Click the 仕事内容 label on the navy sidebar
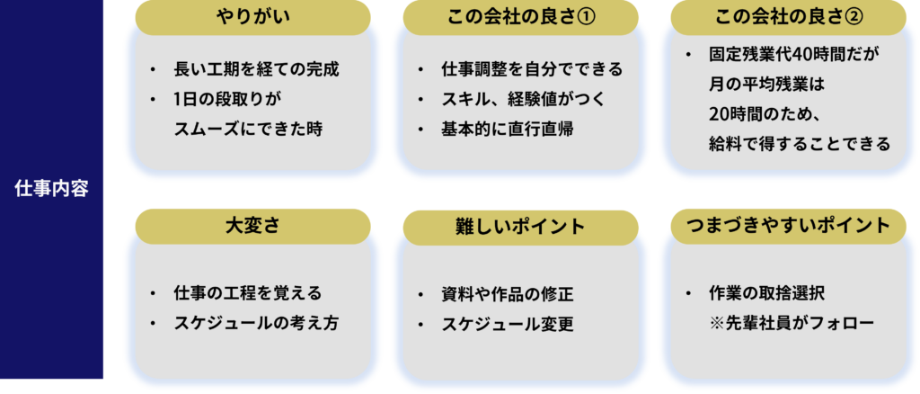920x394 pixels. pyautogui.click(x=51, y=189)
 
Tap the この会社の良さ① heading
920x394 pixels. pyautogui.click(x=521, y=17)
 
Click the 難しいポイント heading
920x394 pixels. pyautogui.click(x=521, y=227)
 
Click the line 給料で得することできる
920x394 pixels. pyautogui.click(x=798, y=144)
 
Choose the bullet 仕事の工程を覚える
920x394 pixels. pyautogui.click(x=247, y=293)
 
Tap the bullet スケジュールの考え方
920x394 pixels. pyautogui.click(x=256, y=323)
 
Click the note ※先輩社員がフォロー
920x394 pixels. pyautogui.click(x=791, y=323)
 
